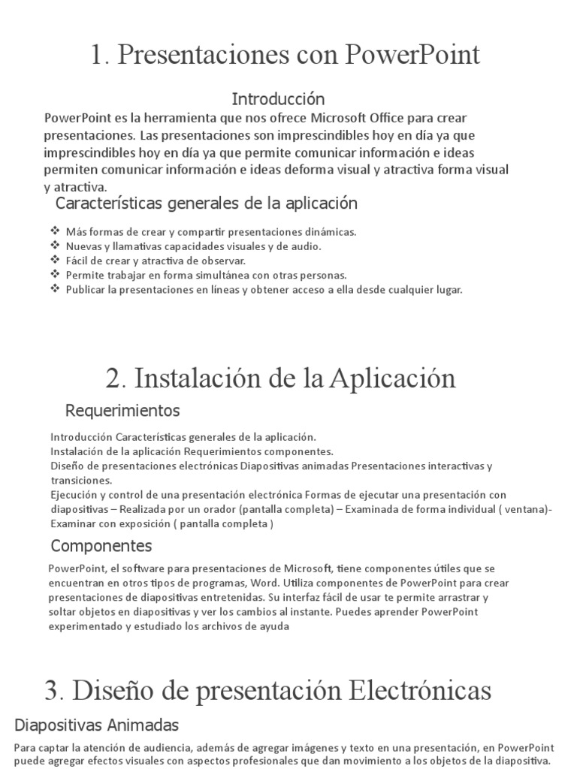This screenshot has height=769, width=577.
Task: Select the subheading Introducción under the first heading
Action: pos(278,99)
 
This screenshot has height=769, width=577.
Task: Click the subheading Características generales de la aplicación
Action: pos(207,204)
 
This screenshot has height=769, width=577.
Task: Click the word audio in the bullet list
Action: pos(305,246)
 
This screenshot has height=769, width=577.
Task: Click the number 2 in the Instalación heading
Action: pos(113,378)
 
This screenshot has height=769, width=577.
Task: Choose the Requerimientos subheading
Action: pos(123,411)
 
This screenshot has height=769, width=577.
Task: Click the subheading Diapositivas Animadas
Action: pos(97,725)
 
